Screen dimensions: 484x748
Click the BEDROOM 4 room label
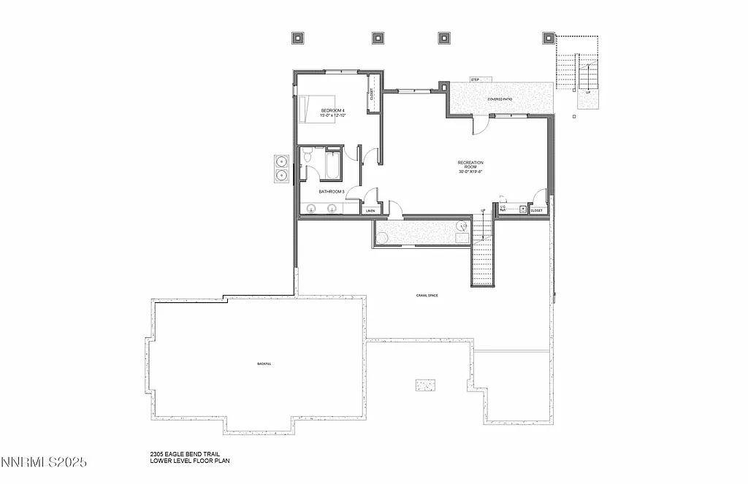pyautogui.click(x=332, y=110)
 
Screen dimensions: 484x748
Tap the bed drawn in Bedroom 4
pyautogui.click(x=316, y=108)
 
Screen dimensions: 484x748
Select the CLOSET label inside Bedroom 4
pyautogui.click(x=371, y=94)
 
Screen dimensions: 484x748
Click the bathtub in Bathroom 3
pyautogui.click(x=332, y=164)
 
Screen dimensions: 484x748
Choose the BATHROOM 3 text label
pyautogui.click(x=331, y=191)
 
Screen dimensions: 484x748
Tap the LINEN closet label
pyautogui.click(x=370, y=211)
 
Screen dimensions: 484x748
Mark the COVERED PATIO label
pyautogui.click(x=500, y=99)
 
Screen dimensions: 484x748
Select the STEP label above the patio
pyautogui.click(x=475, y=80)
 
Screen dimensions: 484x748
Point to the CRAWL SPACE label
pyautogui.click(x=427, y=295)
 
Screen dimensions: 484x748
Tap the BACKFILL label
pyautogui.click(x=264, y=364)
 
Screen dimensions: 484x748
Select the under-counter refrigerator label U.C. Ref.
pyautogui.click(x=503, y=208)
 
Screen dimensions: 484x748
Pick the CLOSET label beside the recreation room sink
pyautogui.click(x=537, y=210)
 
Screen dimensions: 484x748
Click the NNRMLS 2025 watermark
pyautogui.click(x=44, y=462)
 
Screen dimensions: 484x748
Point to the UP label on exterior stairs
pyautogui.click(x=588, y=93)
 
